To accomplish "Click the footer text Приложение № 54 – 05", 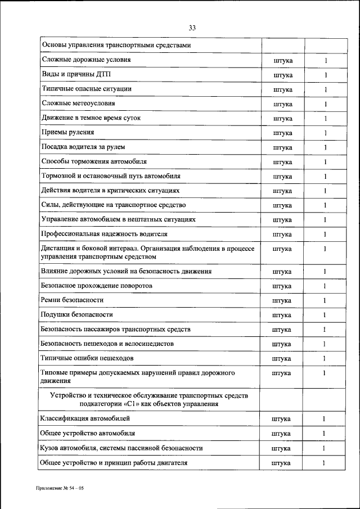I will [x=60, y=489].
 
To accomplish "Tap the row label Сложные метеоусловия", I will [x=78, y=103].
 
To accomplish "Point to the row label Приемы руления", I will [x=67, y=132].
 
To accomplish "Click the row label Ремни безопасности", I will [x=73, y=300].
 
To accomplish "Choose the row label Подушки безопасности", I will [x=77, y=314].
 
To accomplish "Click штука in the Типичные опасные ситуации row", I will [x=282, y=89].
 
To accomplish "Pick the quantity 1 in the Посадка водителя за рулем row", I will [x=325, y=147].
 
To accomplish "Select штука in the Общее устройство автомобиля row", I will [x=281, y=434].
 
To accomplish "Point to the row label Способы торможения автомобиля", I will [x=94, y=161].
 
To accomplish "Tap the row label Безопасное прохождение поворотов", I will [x=97, y=286].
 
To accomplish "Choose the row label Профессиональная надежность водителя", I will [x=104, y=233].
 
